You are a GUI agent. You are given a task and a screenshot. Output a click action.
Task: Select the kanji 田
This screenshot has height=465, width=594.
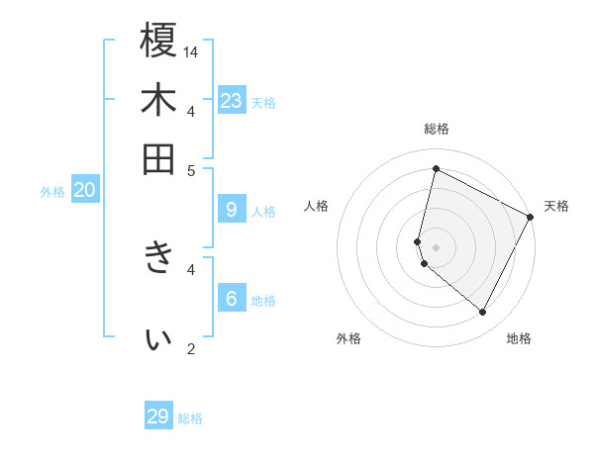tap(158, 158)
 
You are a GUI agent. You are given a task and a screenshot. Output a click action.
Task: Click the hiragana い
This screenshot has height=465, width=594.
tap(158, 339)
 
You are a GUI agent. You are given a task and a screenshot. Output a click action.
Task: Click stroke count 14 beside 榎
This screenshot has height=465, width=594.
tap(192, 51)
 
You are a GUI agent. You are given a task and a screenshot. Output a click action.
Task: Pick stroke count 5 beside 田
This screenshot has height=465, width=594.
tap(192, 170)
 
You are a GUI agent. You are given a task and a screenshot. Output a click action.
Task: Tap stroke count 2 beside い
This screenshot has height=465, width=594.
tap(192, 348)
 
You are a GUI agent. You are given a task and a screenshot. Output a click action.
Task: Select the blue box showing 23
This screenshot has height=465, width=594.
tap(232, 100)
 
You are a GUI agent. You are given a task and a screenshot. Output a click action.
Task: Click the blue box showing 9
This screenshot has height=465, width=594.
tap(232, 209)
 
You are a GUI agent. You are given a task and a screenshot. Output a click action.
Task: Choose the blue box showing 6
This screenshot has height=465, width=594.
tap(232, 298)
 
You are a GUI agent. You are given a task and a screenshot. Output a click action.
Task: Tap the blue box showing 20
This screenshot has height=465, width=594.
tap(84, 190)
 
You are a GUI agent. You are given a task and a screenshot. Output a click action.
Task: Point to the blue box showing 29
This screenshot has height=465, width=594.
tap(158, 417)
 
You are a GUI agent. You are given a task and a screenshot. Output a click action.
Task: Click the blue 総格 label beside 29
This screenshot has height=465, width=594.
tap(190, 418)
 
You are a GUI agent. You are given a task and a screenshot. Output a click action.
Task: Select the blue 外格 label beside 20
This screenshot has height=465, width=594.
tap(52, 192)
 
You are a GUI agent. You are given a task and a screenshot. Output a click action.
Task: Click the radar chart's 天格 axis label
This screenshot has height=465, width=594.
tap(556, 206)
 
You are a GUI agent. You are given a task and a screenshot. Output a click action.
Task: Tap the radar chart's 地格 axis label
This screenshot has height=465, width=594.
tap(519, 338)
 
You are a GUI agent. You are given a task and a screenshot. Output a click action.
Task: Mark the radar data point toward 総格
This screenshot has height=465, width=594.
tap(436, 169)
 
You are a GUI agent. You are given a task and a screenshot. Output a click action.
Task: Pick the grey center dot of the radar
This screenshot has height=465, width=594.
tap(436, 245)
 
